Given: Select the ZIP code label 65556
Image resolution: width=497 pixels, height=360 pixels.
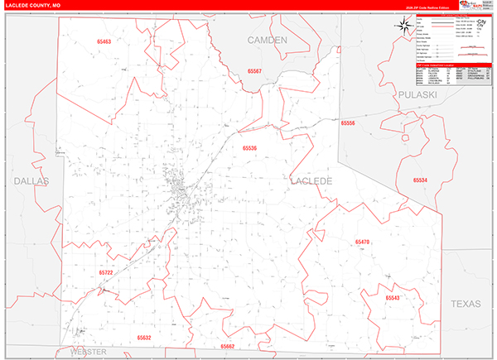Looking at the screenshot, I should tap(348, 122).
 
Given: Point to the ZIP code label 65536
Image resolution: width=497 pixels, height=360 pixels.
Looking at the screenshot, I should tap(249, 148).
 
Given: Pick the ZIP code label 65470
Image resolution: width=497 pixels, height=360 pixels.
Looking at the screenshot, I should tap(362, 242).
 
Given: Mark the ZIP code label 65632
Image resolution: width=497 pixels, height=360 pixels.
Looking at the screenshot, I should tap(144, 338).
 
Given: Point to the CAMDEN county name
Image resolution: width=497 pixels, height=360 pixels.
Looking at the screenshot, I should tap(267, 40).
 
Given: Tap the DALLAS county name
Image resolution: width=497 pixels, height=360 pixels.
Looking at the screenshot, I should tap(31, 180).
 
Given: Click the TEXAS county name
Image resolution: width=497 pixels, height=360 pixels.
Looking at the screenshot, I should tap(466, 305).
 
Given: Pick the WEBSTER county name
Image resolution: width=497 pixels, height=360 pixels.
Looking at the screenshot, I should tap(89, 352).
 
